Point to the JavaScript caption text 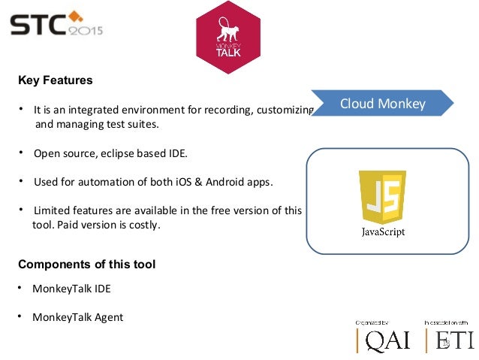[383, 232]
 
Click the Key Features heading [55, 80]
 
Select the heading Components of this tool [86, 264]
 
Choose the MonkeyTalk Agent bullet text [77, 316]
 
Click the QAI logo [383, 339]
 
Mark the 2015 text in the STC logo [86, 31]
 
